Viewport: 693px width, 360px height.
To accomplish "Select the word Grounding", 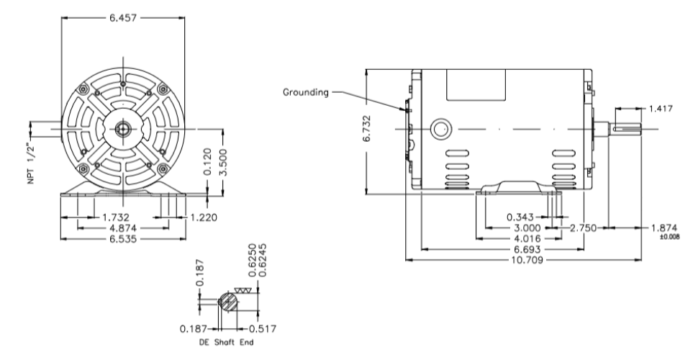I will click(305, 92).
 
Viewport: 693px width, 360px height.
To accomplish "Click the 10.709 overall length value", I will click(523, 259).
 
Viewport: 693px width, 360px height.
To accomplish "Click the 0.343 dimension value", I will click(523, 216).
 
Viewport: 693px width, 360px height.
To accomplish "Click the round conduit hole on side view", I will click(438, 130).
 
